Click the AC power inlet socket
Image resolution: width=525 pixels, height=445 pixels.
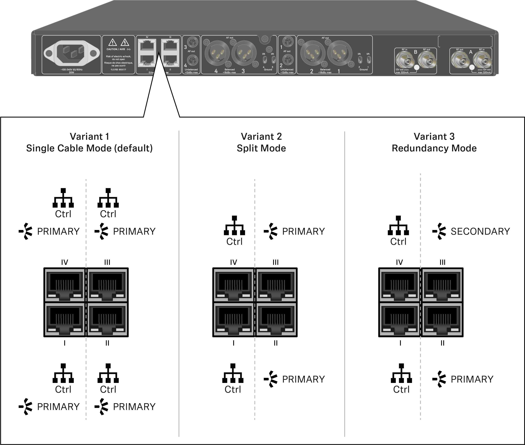coord(71,53)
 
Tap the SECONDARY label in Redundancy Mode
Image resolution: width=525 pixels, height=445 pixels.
coord(480,231)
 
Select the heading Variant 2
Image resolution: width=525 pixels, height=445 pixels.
coord(261,136)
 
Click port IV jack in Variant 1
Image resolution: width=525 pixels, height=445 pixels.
coord(65,285)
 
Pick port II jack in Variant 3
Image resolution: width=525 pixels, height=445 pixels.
coord(442,319)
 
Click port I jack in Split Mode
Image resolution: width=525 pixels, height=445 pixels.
coord(233,319)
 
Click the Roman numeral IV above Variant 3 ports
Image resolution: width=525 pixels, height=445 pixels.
coord(399,262)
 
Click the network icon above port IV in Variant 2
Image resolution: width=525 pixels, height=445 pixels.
coord(235,225)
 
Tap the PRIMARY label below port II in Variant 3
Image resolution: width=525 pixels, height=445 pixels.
coord(472,379)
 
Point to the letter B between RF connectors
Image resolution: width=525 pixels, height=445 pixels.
coord(415,52)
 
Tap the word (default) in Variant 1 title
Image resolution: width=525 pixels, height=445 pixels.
coord(134,148)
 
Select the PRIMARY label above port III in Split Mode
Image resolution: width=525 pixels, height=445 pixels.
coord(303,231)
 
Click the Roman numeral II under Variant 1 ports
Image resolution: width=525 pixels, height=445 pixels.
coord(107,343)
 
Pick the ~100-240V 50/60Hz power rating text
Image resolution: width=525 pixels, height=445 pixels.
coord(71,70)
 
